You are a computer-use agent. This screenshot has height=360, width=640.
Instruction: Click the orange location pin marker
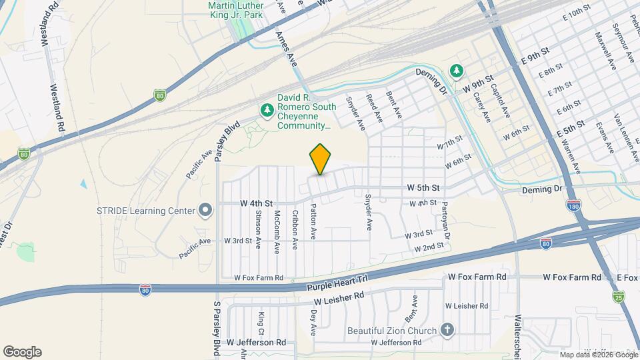point(320,159)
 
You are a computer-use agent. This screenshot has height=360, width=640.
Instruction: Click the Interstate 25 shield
point(618,296)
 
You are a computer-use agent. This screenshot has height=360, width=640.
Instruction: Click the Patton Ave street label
point(313,222)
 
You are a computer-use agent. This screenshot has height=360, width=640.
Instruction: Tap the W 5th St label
point(423,188)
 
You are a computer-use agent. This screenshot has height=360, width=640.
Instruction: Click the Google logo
point(22,352)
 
